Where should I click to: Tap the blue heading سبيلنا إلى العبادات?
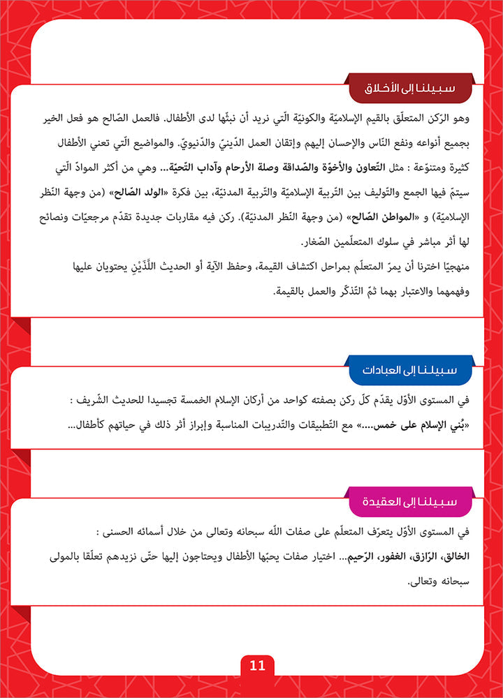click(x=409, y=369)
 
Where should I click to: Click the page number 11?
click(x=257, y=665)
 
